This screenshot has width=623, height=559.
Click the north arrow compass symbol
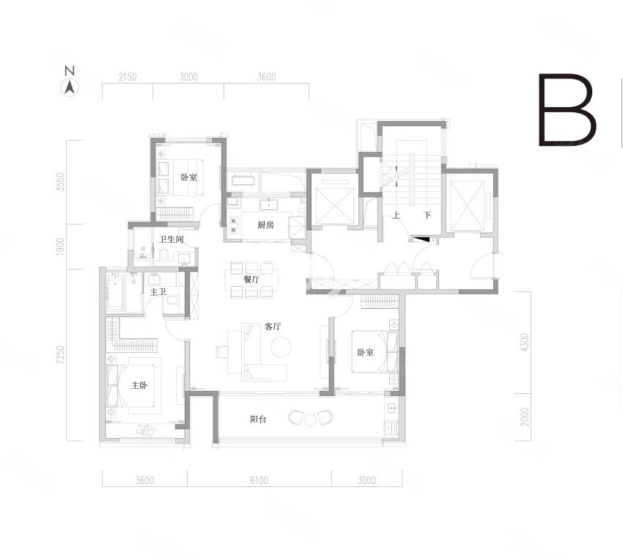point(70,87)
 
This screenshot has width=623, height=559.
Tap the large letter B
point(567,109)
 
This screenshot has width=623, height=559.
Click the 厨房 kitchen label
point(266,225)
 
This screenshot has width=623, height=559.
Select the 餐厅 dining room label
point(251,279)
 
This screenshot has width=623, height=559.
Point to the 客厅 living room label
point(273,326)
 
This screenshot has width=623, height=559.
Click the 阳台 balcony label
point(258,419)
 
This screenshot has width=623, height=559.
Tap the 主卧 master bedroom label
point(139,385)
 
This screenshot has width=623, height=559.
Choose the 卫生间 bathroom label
point(172,239)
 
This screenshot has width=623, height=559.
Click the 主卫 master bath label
point(158,292)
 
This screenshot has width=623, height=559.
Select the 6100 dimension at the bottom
point(259,481)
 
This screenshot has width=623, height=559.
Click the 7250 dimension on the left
point(60,354)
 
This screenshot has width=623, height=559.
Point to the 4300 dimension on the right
point(525,343)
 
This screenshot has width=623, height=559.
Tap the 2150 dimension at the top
point(128,77)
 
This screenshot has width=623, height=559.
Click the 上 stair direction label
point(396,216)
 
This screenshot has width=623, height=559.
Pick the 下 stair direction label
point(427,216)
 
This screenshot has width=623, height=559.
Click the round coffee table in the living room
point(281,347)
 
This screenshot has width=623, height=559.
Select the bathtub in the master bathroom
point(115,292)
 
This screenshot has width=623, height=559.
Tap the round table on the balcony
point(310,419)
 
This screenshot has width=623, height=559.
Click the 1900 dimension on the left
point(60,246)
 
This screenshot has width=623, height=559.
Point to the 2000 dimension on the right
point(525,417)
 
